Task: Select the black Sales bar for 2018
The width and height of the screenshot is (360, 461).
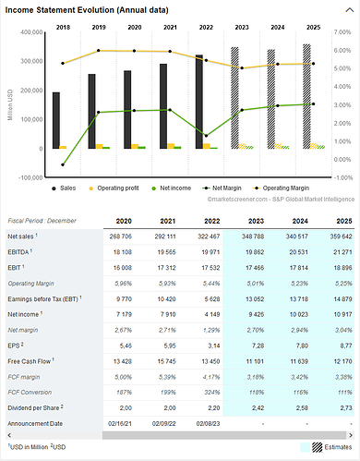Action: coord(56,120)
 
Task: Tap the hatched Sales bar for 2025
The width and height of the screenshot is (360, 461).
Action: coord(306,97)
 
